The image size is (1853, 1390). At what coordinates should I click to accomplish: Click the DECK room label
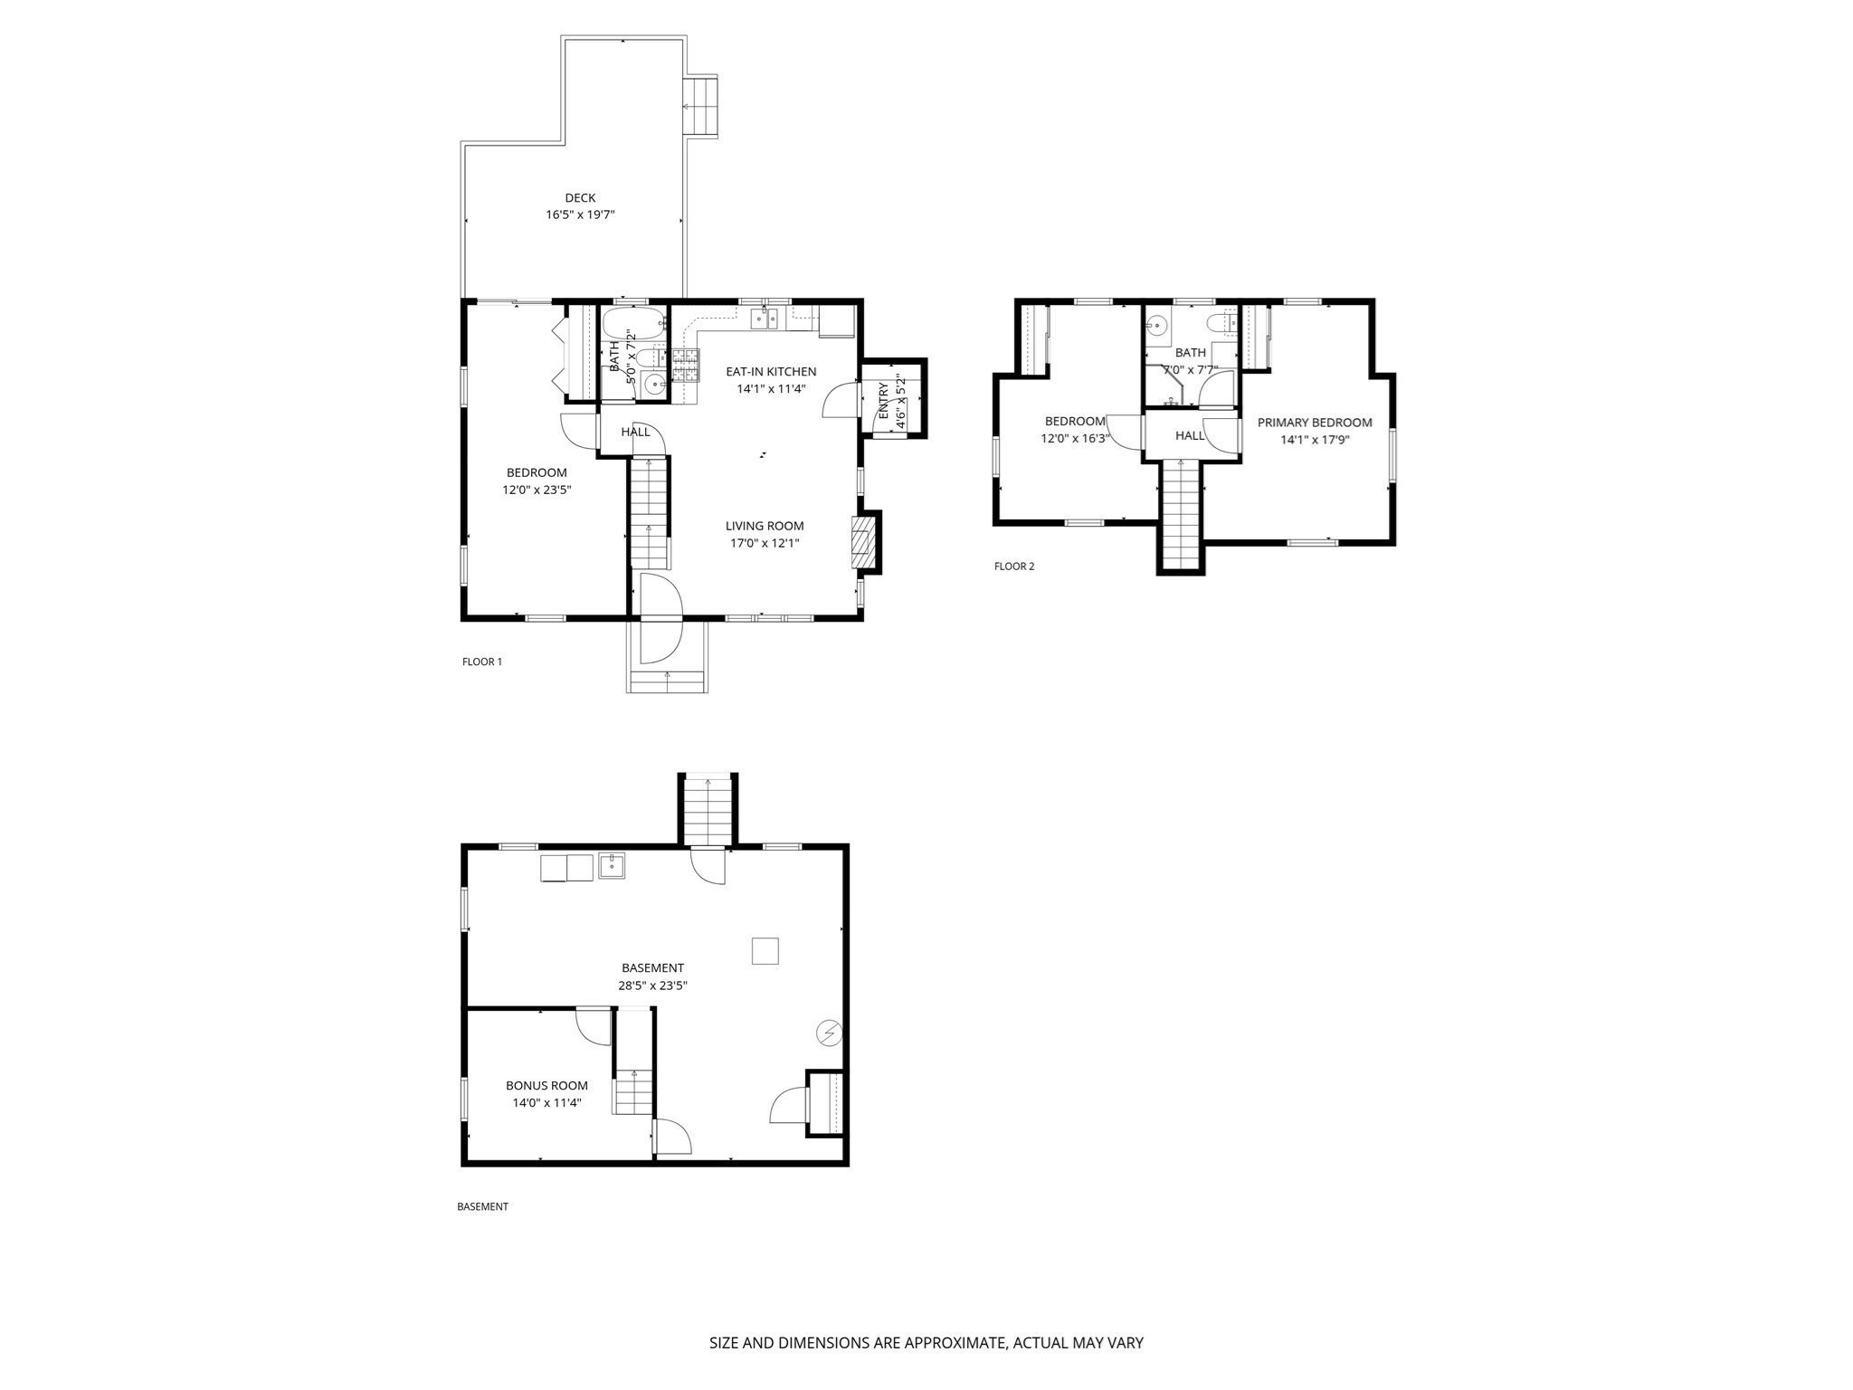(580, 198)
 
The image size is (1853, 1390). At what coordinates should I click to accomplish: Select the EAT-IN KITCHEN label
(771, 372)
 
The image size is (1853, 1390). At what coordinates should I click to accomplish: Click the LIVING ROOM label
(765, 526)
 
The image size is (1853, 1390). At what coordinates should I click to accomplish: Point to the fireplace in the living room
(866, 542)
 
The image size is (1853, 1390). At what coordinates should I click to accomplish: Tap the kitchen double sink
(765, 318)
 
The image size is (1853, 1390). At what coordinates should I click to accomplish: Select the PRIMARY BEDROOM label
(1315, 423)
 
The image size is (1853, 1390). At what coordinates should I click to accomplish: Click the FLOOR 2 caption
(1014, 566)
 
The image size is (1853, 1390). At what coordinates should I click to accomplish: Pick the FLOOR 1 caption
(482, 662)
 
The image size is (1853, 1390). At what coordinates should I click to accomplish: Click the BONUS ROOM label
(546, 1086)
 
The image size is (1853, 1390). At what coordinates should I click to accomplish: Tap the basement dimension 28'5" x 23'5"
(652, 985)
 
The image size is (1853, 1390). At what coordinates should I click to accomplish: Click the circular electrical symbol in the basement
(829, 1032)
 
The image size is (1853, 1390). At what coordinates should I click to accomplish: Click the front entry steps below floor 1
(668, 682)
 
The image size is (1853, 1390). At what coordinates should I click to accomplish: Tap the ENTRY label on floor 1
(884, 400)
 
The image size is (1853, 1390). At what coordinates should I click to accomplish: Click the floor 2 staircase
(1181, 513)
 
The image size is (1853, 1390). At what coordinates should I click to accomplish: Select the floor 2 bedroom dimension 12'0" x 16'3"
(1075, 439)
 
